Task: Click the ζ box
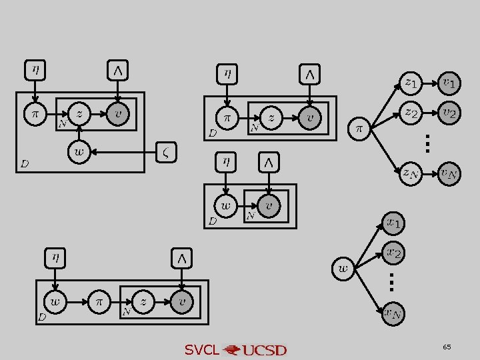[x=167, y=152]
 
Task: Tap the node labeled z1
[x=411, y=83]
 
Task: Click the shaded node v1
[x=449, y=83]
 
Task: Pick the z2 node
[x=411, y=113]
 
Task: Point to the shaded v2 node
[x=449, y=113]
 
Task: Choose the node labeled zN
[x=410, y=174]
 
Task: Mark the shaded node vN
[x=449, y=174]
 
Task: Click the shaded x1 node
[x=394, y=223]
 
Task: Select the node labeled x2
[x=394, y=253]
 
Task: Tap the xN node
[x=393, y=313]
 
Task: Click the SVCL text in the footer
[x=201, y=350]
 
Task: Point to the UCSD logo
[x=256, y=350]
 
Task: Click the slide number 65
[x=446, y=347]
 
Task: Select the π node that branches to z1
[x=359, y=127]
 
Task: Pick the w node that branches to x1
[x=343, y=269]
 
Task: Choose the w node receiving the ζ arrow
[x=79, y=153]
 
